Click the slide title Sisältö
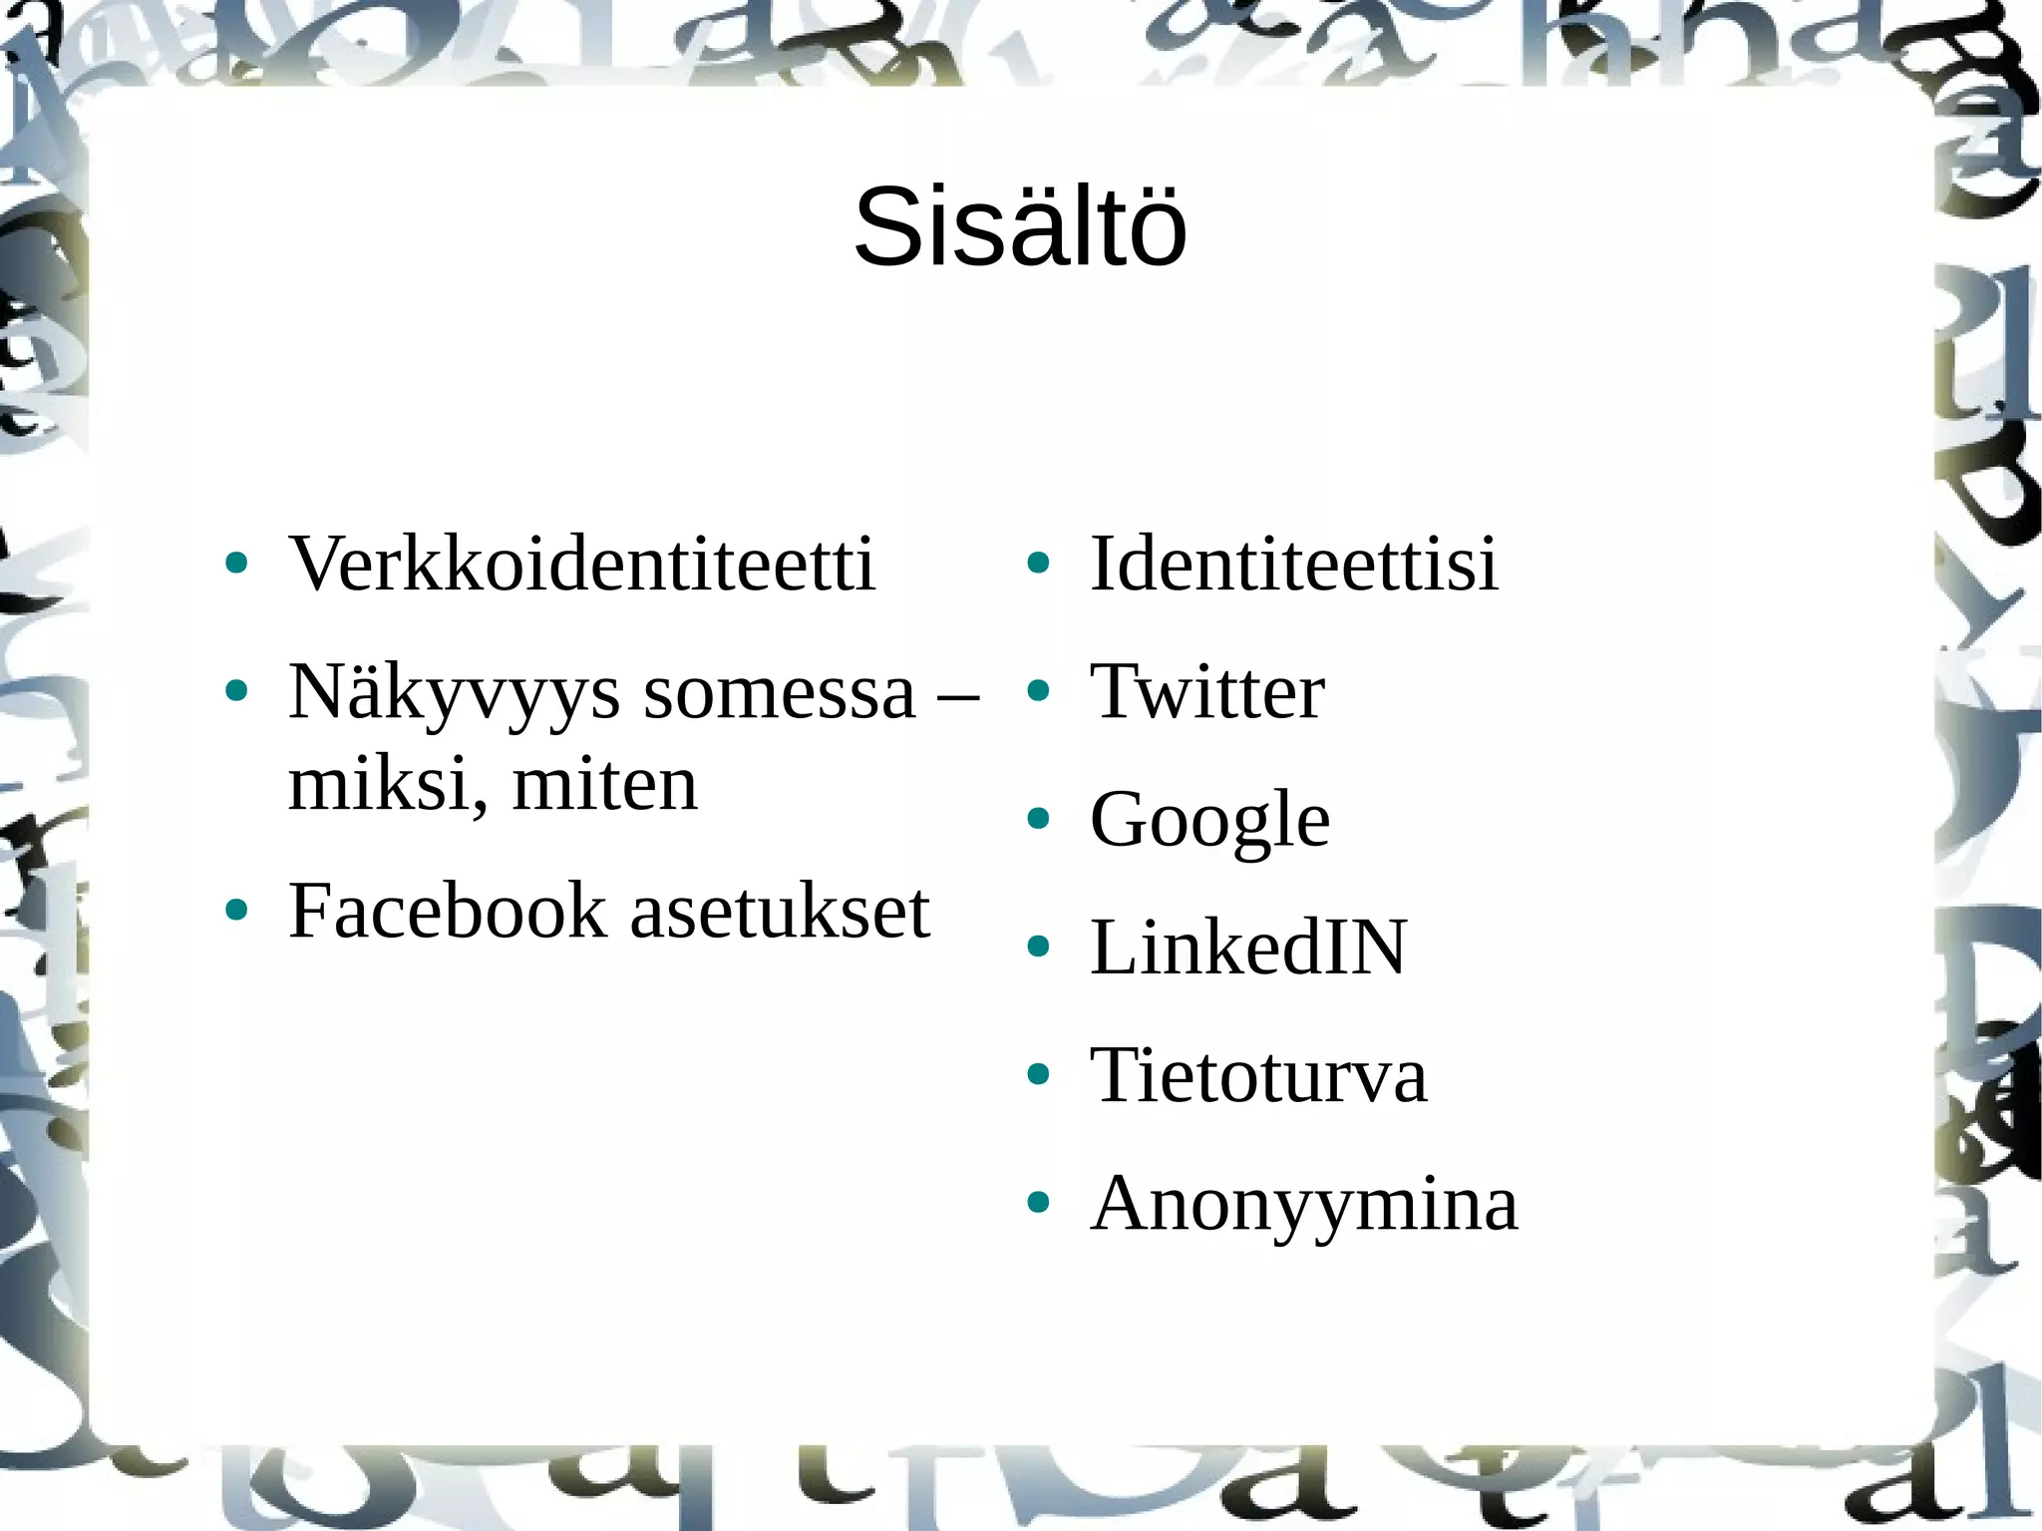(x=1020, y=228)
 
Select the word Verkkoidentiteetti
(x=581, y=564)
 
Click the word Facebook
(x=448, y=911)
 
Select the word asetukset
(x=780, y=911)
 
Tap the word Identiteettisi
(x=1294, y=564)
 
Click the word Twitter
(x=1207, y=691)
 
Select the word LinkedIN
(x=1248, y=947)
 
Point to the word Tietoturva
(x=1258, y=1075)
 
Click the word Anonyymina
(x=1304, y=1203)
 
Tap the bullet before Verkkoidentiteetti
(x=236, y=564)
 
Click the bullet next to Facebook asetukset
(x=236, y=910)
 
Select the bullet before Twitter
(x=1038, y=691)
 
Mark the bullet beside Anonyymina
(x=1038, y=1203)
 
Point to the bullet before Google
(x=1038, y=819)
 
